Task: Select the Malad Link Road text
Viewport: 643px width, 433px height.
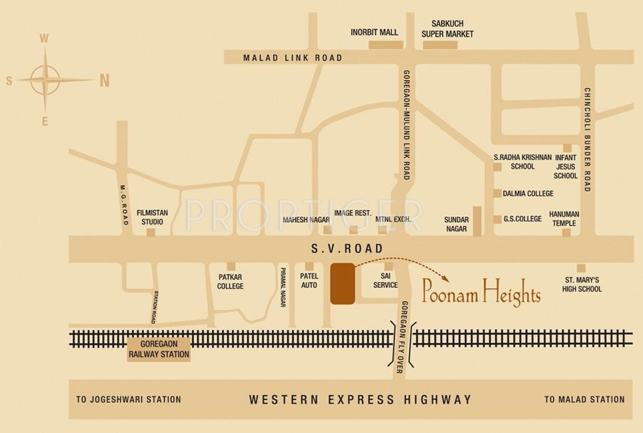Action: (293, 58)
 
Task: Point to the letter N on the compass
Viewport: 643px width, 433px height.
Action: (104, 81)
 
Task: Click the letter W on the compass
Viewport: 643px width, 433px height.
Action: (44, 39)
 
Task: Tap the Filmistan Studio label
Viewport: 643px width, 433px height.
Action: (151, 216)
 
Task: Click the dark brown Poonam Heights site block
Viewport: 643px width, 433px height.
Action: (342, 284)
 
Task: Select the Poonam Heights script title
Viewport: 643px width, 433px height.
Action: (481, 292)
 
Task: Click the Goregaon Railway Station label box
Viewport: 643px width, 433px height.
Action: (159, 349)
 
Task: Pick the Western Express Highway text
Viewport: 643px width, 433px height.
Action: (360, 399)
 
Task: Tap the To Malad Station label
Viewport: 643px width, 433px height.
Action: (584, 399)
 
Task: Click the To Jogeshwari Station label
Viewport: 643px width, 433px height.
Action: (129, 399)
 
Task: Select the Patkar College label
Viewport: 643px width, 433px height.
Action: (230, 281)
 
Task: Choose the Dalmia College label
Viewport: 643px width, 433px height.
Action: (528, 194)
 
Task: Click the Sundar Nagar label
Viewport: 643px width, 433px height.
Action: (455, 224)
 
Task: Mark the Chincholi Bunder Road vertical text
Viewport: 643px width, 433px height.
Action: (587, 139)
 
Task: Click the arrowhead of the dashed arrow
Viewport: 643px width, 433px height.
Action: (446, 277)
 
